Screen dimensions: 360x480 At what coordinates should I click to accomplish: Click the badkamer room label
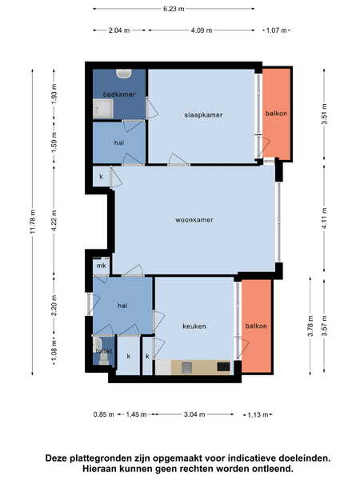(118, 94)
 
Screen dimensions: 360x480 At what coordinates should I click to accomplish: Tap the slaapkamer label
(203, 114)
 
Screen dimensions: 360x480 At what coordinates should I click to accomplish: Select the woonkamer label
(194, 220)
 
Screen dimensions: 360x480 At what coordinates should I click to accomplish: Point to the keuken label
(194, 326)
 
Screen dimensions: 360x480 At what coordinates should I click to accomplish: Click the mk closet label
(101, 266)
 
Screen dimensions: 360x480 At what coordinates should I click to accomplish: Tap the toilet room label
(103, 351)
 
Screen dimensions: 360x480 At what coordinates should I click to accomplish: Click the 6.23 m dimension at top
(174, 9)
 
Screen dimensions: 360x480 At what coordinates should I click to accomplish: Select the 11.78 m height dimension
(33, 222)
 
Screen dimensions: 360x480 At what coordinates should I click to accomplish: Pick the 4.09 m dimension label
(201, 30)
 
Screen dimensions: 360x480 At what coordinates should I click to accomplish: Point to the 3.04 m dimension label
(194, 414)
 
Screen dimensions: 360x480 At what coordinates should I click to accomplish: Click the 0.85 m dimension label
(103, 414)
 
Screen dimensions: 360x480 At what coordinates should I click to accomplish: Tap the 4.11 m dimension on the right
(325, 219)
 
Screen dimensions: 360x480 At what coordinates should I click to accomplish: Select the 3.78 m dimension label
(310, 326)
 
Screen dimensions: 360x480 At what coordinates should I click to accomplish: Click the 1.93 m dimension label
(54, 94)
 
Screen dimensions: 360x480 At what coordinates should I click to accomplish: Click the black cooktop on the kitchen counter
(223, 366)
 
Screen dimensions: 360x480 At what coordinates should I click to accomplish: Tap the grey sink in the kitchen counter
(186, 367)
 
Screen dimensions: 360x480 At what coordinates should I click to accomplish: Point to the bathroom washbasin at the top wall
(124, 74)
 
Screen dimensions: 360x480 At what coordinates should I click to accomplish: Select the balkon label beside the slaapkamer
(276, 114)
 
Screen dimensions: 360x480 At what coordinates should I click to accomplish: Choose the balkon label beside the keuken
(256, 326)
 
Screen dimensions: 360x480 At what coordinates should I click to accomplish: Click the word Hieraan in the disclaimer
(98, 469)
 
